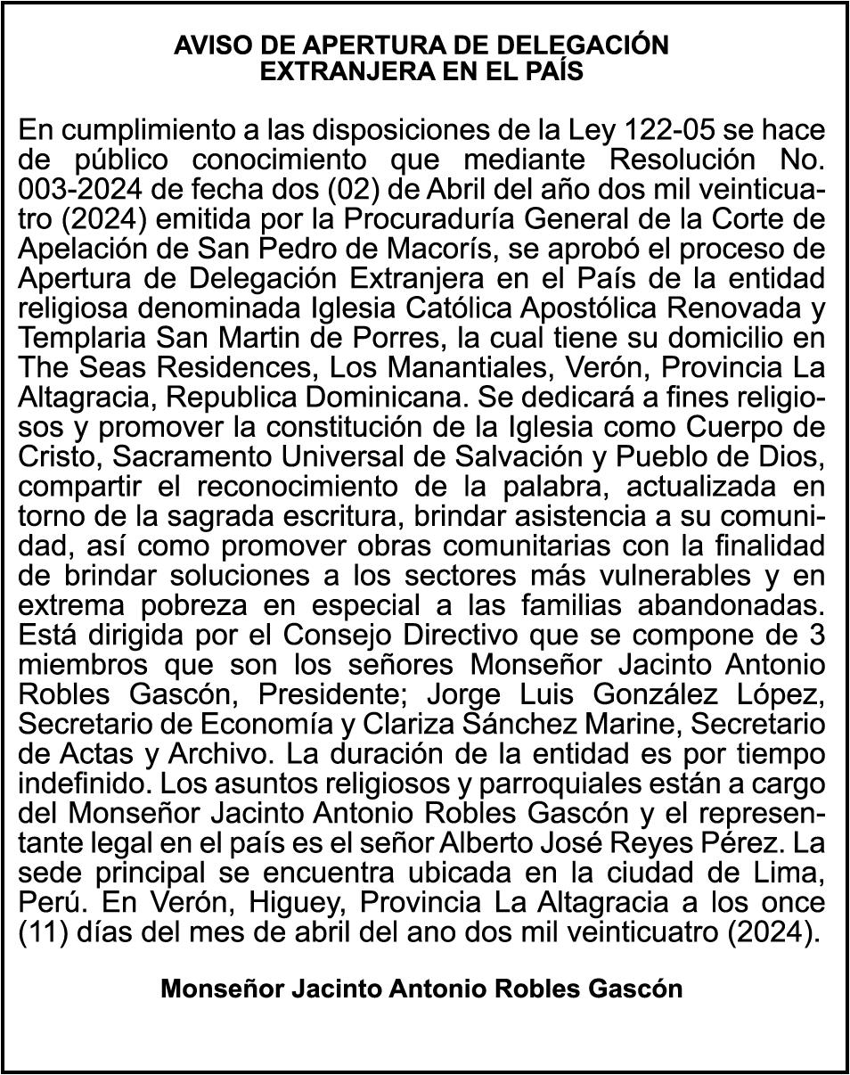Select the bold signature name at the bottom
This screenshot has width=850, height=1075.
(421, 989)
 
